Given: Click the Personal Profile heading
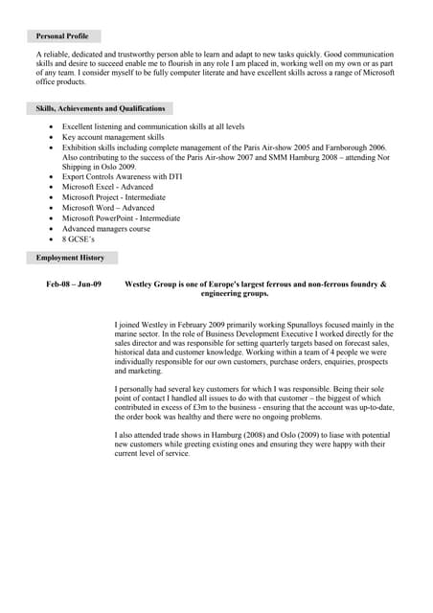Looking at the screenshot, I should point(62,35).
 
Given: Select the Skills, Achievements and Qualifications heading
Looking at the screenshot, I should point(101,109).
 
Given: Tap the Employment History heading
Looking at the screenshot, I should point(70,258).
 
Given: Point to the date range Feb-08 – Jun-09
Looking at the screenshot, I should point(74,284).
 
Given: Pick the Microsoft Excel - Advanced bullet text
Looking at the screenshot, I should point(107,187).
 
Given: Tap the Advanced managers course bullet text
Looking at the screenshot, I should point(106,229).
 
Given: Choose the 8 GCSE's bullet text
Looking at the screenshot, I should point(79,239).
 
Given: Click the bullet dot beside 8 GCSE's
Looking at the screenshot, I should point(51,239).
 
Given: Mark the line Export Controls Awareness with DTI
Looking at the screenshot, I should point(123,176).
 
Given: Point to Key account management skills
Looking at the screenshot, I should point(113,137).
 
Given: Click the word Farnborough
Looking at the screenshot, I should point(331,148).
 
